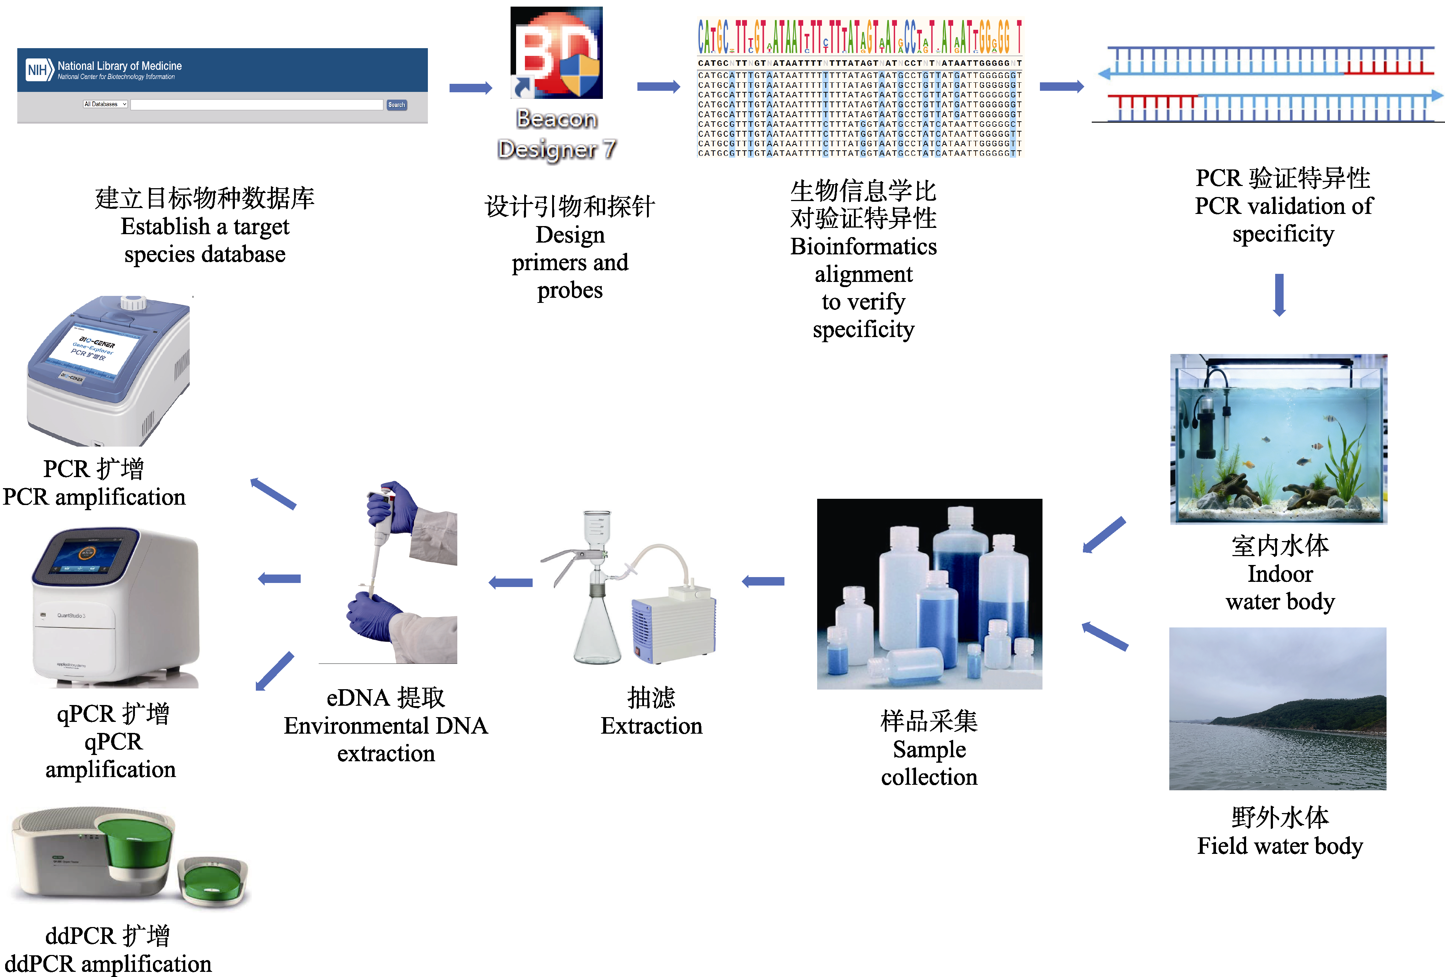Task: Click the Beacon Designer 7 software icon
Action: click(x=557, y=53)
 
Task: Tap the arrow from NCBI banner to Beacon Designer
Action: click(x=470, y=88)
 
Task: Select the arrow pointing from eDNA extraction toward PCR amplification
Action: click(x=273, y=494)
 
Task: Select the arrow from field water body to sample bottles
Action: click(x=1105, y=636)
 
